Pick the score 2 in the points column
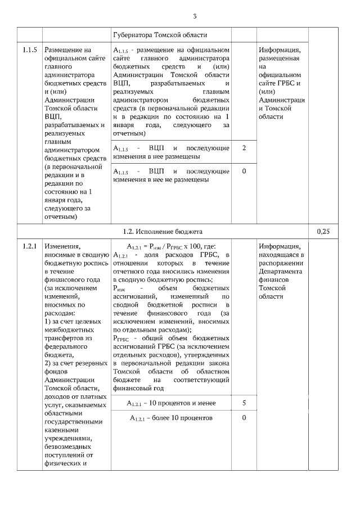pos(244,147)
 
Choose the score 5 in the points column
pos(244,403)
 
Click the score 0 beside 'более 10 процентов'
pos(244,418)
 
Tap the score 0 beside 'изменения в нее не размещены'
pos(244,171)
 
